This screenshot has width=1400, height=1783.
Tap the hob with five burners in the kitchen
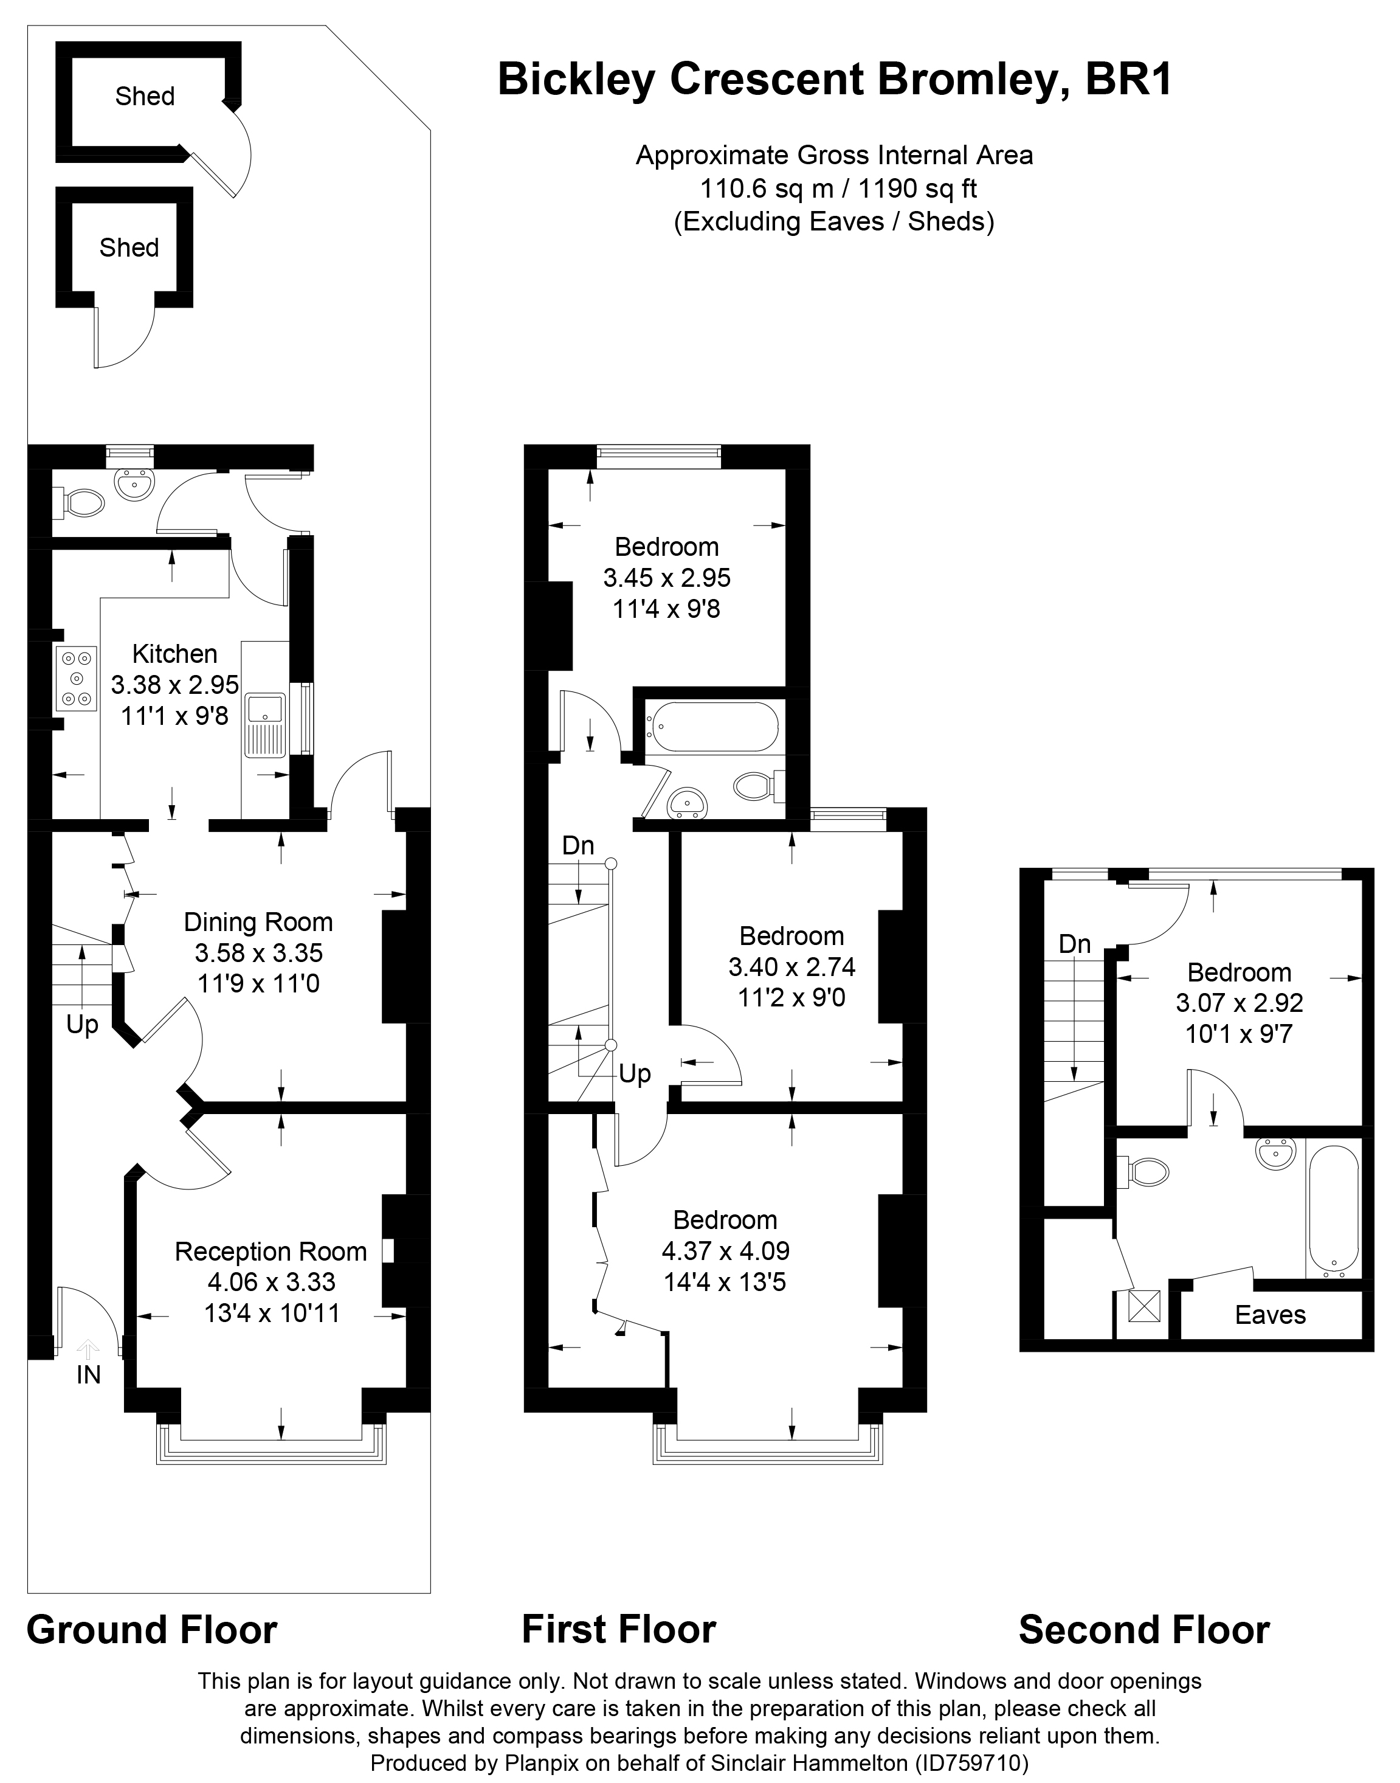tap(76, 678)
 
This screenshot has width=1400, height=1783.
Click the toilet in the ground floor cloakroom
tap(80, 502)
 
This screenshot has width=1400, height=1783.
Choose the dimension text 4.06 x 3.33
tap(271, 1282)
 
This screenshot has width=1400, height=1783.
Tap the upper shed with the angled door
tap(145, 97)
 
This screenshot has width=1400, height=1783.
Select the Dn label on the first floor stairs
tap(578, 846)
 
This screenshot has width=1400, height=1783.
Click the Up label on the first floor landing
tap(635, 1074)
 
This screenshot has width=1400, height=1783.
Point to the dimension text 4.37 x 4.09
tap(725, 1251)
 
